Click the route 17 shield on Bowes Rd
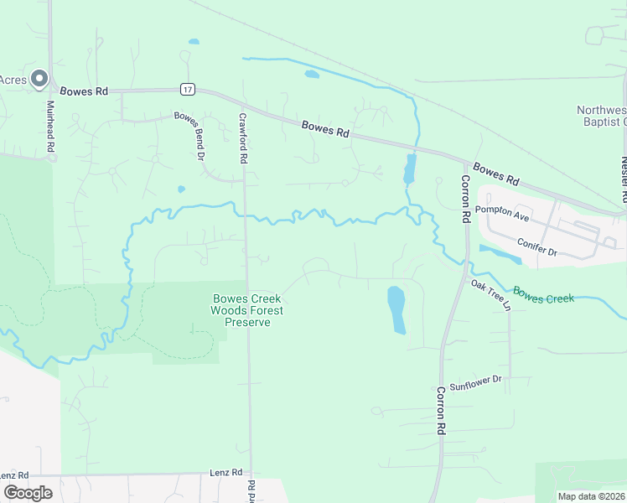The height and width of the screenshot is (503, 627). (187, 89)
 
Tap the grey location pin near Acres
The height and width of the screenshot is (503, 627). (39, 79)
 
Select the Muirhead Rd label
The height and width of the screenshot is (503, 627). (51, 127)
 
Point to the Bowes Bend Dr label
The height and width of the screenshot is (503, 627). (189, 135)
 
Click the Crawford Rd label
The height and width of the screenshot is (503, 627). (243, 138)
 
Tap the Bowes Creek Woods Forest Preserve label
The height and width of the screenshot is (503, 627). (247, 310)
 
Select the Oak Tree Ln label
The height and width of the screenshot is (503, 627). (490, 295)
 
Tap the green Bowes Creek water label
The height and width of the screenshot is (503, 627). (543, 296)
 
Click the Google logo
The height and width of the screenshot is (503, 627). (28, 493)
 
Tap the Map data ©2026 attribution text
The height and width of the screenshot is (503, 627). (591, 496)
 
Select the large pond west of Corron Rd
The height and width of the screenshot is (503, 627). (396, 309)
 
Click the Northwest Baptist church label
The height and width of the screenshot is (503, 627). (602, 116)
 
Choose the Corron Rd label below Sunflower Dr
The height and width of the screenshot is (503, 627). (439, 410)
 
